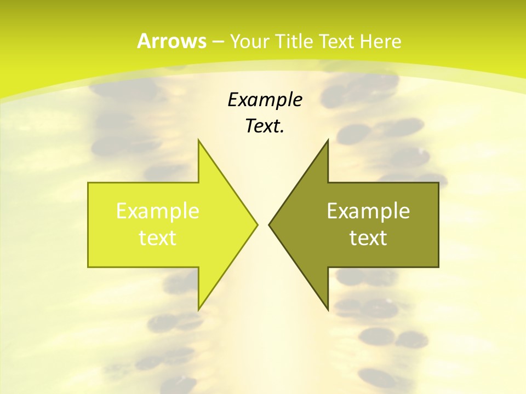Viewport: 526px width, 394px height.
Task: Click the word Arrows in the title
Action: coord(171,41)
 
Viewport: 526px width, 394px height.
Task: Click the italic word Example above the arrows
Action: coord(265,100)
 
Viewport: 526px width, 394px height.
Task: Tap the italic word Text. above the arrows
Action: coord(265,126)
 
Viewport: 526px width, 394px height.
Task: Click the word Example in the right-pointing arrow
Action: coord(158,211)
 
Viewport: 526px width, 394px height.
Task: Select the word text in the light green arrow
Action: coord(158,237)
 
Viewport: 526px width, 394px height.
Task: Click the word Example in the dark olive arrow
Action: coord(368,211)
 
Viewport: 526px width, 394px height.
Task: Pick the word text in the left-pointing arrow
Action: coord(368,237)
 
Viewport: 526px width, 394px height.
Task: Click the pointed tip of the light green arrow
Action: coord(257,224)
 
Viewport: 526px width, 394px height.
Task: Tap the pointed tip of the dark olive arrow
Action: coord(269,224)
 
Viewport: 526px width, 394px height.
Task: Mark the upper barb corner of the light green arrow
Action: coord(198,140)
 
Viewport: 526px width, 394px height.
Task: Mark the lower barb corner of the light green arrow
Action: coord(198,309)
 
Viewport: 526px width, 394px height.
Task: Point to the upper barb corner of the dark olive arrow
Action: coord(328,140)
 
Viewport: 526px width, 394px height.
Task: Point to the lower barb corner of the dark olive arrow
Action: coord(328,309)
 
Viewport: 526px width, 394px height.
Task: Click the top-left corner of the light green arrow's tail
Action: coord(88,183)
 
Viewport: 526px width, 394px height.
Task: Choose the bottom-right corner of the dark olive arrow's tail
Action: coord(438,267)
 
